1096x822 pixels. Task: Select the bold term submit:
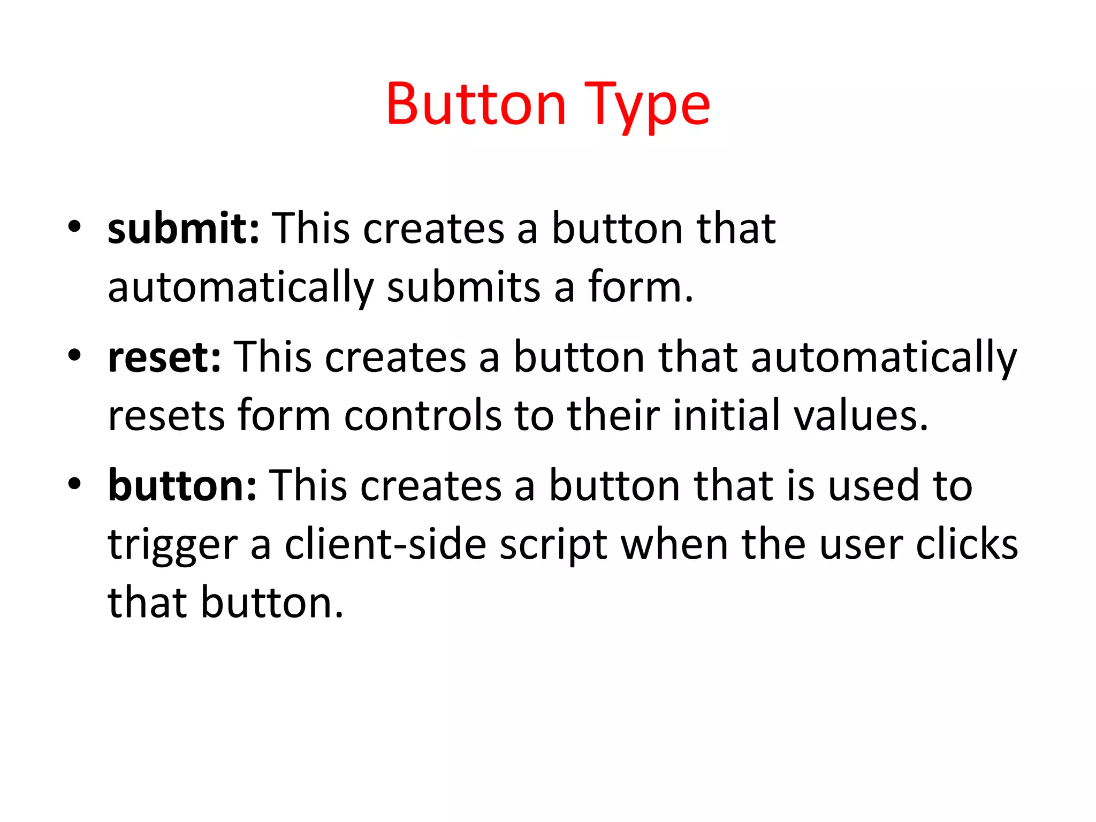click(184, 229)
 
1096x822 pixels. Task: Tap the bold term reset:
click(164, 357)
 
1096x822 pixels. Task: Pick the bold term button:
click(182, 485)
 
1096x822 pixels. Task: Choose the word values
click(861, 415)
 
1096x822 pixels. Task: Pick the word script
click(553, 545)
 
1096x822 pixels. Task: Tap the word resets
click(166, 416)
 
